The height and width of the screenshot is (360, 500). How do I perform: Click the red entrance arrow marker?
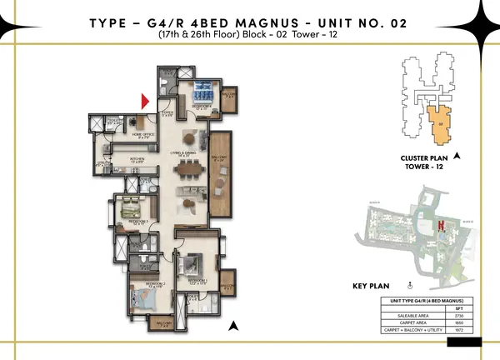click(145, 102)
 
